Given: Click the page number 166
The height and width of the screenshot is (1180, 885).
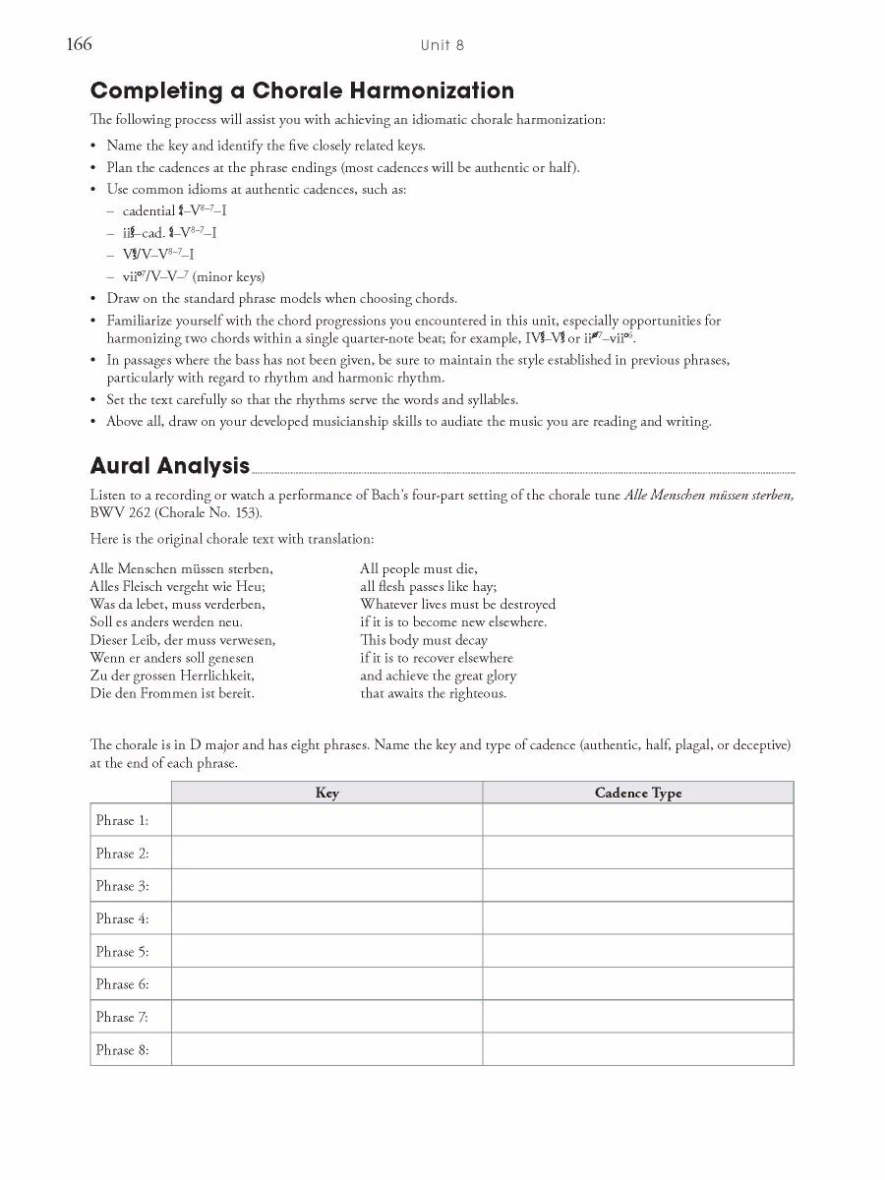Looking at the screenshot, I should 79,44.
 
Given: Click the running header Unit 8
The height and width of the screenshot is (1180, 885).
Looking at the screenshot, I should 442,45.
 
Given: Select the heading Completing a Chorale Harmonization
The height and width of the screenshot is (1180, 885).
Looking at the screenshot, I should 302,91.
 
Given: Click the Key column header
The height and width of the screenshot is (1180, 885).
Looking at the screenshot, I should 326,793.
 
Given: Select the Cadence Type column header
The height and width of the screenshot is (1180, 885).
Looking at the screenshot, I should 637,793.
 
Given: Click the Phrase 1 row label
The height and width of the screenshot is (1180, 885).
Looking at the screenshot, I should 122,820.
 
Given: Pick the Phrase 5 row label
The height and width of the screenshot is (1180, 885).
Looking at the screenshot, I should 122,951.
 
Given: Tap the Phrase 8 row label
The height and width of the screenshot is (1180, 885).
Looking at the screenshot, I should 122,1049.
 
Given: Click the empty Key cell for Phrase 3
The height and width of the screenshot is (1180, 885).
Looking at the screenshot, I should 326,885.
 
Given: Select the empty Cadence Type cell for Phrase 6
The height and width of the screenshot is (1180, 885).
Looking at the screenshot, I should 637,983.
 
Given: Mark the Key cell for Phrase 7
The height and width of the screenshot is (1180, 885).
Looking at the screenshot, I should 326,1017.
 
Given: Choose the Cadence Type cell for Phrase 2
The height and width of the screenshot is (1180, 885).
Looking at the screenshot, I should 637,853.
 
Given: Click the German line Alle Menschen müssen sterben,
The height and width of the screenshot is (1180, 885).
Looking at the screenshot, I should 181,568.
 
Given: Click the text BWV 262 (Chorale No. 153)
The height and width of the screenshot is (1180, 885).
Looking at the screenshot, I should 176,512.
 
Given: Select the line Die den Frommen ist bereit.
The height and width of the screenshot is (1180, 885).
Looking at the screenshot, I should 172,693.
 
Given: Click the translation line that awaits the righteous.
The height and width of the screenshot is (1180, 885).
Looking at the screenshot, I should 434,693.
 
